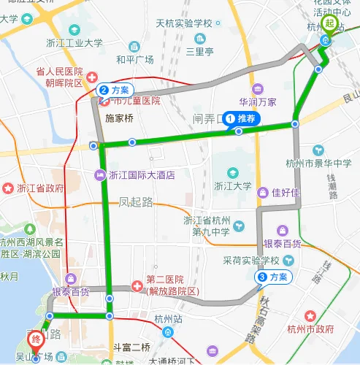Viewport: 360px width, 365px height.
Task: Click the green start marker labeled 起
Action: (x=329, y=24)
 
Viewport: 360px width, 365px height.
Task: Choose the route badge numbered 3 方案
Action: (x=274, y=277)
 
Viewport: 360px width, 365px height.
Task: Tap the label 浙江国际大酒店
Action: (x=140, y=174)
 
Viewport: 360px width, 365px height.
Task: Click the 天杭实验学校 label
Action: (x=183, y=23)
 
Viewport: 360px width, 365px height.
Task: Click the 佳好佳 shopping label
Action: (x=286, y=193)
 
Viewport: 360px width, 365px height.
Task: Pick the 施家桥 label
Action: (x=120, y=116)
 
